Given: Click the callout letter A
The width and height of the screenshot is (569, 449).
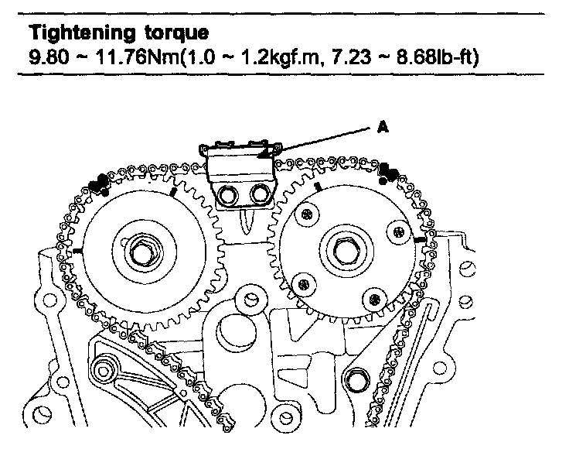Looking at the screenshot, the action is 381,130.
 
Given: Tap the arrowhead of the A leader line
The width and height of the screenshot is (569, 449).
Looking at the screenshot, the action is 263,159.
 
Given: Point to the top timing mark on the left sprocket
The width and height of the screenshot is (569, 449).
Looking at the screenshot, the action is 174,190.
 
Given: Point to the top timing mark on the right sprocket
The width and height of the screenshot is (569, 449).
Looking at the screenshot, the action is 318,186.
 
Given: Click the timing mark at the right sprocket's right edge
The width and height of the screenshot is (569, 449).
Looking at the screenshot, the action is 419,242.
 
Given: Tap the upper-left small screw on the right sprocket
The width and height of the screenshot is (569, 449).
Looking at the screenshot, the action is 308,214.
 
